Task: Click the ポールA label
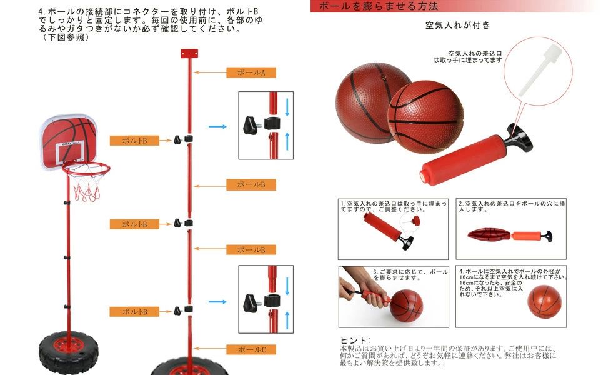251,72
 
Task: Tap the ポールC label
251,349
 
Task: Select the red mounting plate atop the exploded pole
188,54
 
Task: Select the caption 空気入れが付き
458,26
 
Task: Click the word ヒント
355,339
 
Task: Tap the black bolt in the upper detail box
251,124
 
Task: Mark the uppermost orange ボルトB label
134,141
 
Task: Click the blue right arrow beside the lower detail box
217,302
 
